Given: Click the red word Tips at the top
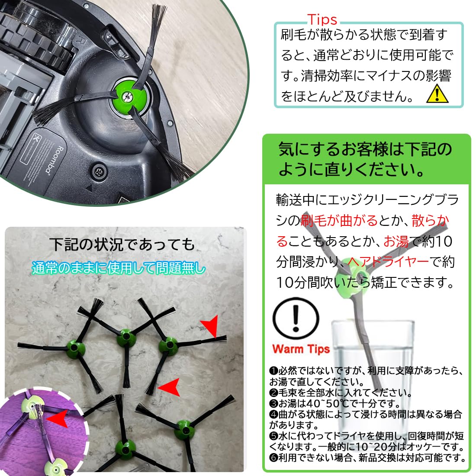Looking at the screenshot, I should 322,19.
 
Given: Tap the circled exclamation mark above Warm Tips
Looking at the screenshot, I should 296,318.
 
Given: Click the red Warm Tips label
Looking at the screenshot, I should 301,349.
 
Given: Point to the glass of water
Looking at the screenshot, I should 372,351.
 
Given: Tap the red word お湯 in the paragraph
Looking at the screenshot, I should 396,241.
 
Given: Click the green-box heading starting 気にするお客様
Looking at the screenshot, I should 365,159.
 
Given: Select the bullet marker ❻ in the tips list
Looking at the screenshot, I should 273,458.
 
